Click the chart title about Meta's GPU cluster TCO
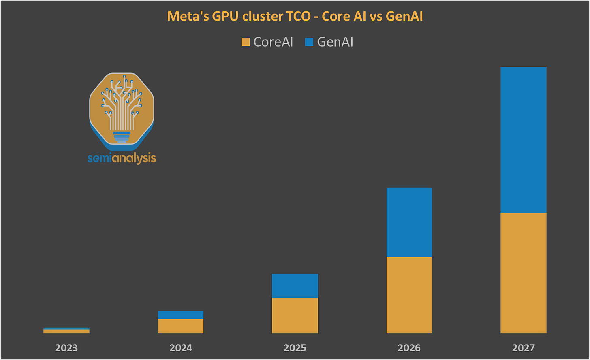tap(295, 17)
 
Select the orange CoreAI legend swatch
tap(245, 42)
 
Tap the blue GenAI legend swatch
tap(309, 42)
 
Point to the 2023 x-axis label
tap(66, 348)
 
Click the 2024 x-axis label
tap(181, 348)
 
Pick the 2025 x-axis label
tap(295, 348)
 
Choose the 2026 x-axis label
tap(409, 348)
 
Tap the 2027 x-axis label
tap(524, 348)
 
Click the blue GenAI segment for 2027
tap(524, 140)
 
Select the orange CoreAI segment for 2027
tap(524, 273)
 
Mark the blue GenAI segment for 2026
tap(409, 222)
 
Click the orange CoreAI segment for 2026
tap(409, 295)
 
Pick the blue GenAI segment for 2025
tap(295, 286)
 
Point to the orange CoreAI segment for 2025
tap(295, 315)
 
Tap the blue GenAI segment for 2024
tap(181, 315)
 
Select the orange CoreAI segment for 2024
tap(181, 326)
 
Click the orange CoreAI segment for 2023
tap(66, 331)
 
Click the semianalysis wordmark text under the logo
tap(122, 158)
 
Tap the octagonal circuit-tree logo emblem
tap(122, 109)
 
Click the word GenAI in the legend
tap(335, 42)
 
